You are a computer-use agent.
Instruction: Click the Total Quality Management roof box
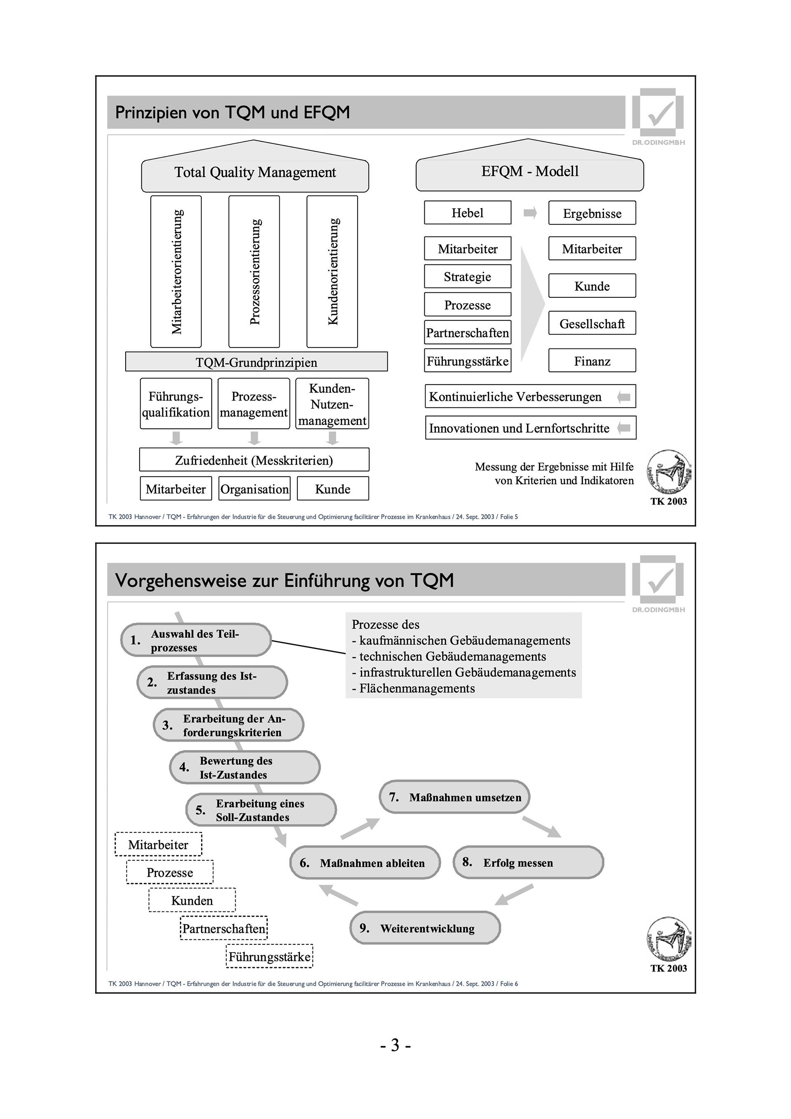click(x=255, y=173)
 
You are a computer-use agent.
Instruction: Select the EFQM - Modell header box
click(x=530, y=172)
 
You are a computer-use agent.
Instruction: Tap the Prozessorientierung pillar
click(x=254, y=271)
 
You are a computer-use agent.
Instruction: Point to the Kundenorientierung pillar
click(x=332, y=271)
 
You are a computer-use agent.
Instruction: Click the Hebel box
click(x=467, y=213)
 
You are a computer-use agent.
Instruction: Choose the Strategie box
click(x=467, y=277)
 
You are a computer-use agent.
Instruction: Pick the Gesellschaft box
click(x=592, y=324)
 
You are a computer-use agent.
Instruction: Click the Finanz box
click(x=592, y=361)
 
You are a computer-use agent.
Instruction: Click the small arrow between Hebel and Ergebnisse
click(x=530, y=213)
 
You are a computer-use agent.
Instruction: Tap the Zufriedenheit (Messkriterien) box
click(x=254, y=460)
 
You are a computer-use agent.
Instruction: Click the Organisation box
click(x=254, y=489)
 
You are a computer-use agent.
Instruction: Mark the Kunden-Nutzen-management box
click(x=332, y=404)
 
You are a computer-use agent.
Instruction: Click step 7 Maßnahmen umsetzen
click(x=454, y=797)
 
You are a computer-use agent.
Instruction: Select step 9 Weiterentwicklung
click(x=425, y=928)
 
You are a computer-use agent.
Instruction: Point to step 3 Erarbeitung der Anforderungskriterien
click(x=228, y=725)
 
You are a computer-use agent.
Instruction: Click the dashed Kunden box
click(x=192, y=900)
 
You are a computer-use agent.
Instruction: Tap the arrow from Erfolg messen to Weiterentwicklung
click(x=514, y=894)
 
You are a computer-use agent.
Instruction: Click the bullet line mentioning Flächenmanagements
click(x=417, y=689)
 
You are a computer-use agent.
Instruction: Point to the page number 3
click(x=395, y=1045)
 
